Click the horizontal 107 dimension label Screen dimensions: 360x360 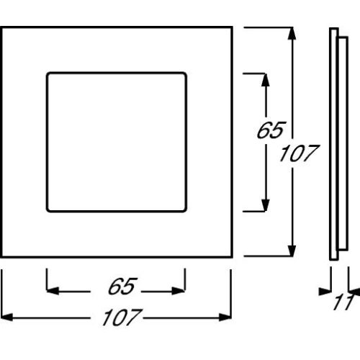122,318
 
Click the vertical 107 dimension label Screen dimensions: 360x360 299,153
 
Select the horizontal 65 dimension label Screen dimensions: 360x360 122,286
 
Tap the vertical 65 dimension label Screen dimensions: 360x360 271,130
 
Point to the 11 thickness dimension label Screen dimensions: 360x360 343,302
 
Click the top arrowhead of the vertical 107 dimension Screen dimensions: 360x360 292,33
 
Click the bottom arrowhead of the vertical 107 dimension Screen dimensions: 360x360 292,251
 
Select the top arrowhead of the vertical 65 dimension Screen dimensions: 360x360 265,80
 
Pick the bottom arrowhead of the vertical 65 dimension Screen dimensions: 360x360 265,205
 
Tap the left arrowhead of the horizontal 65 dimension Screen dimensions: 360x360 53,291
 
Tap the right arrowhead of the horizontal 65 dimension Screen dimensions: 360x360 179,291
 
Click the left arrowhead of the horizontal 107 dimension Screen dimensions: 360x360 6,318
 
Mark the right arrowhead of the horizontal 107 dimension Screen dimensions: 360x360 225,318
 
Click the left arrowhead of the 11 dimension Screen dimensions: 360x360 325,292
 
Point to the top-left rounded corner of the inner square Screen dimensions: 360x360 49,74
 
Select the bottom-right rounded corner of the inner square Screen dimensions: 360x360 184,210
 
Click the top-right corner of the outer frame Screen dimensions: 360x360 232,27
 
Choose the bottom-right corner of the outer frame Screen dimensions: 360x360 232,257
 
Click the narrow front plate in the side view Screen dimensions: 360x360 333,144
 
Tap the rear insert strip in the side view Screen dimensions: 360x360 343,143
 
